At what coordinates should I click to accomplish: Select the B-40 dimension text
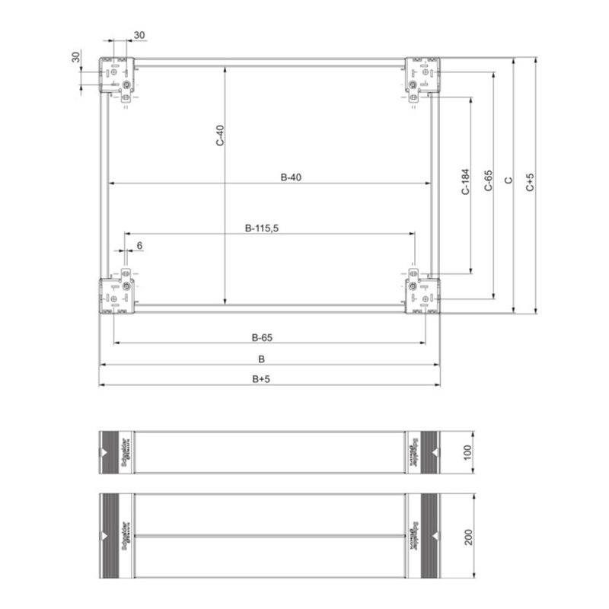[292, 177]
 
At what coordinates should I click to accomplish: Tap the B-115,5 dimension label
[263, 227]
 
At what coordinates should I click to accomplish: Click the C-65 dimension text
[489, 180]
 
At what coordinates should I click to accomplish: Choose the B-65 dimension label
[263, 336]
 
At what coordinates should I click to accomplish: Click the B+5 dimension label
[263, 378]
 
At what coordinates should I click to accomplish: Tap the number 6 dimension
[139, 244]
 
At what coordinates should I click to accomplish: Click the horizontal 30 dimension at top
[140, 35]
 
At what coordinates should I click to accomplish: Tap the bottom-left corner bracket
[118, 295]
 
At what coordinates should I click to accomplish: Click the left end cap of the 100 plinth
[117, 452]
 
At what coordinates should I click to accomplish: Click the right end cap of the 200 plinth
[422, 536]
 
